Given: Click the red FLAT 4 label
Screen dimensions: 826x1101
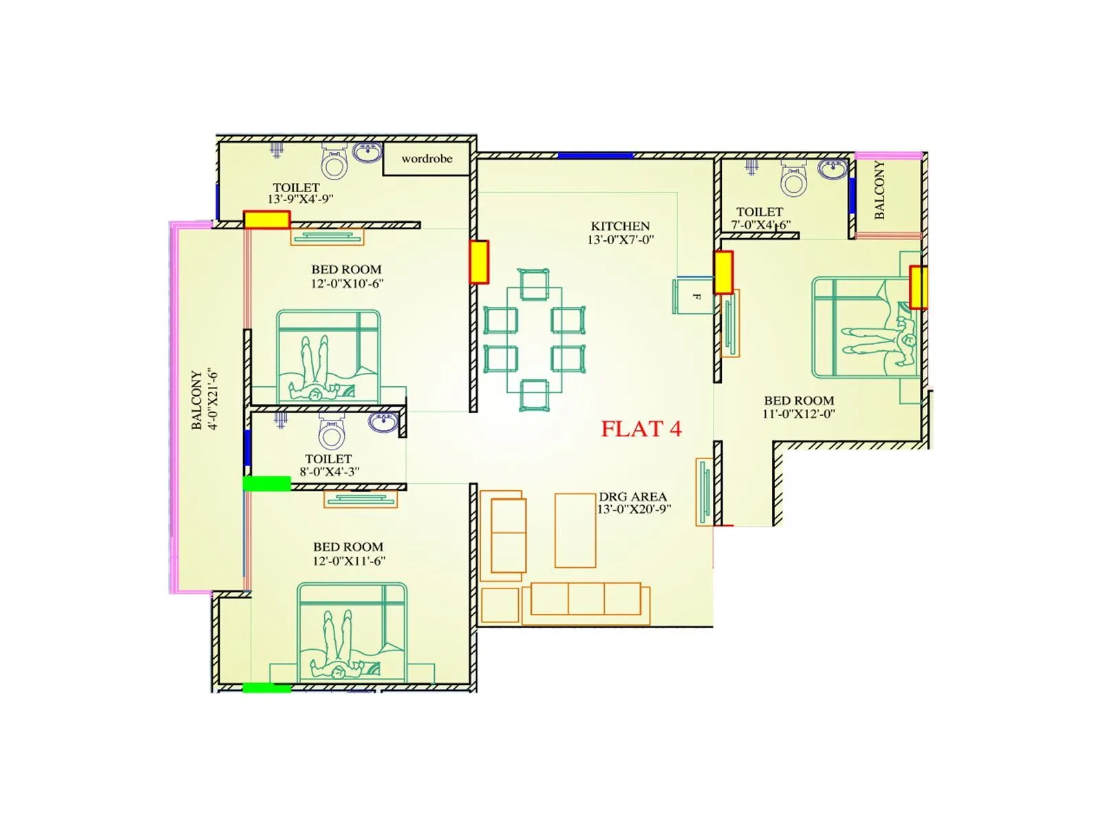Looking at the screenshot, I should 641,429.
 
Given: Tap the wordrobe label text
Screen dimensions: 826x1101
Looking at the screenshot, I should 427,159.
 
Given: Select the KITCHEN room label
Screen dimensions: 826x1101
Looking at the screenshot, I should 620,226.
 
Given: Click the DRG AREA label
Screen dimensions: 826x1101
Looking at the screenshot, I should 632,496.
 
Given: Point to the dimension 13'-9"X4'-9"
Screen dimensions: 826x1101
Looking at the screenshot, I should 300,199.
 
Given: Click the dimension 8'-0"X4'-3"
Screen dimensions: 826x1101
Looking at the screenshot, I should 329,472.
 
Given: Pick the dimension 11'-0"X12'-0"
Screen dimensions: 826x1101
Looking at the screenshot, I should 798,414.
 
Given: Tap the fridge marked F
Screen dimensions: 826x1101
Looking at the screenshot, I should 693,296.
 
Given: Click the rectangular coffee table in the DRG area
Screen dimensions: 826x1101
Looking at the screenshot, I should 575,530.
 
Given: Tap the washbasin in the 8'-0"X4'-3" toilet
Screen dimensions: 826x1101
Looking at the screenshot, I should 383,421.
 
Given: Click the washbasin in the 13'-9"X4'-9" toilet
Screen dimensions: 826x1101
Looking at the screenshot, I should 367,152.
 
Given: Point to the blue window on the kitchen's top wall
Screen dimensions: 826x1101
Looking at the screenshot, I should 595,156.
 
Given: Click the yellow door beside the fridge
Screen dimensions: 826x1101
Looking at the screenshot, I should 723,273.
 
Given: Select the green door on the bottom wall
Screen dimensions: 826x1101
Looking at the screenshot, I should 266,687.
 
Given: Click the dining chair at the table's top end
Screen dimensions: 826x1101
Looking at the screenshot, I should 534,284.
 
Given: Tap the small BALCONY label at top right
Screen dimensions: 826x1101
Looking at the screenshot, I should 879,190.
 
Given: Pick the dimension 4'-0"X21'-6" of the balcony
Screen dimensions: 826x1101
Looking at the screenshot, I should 213,401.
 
